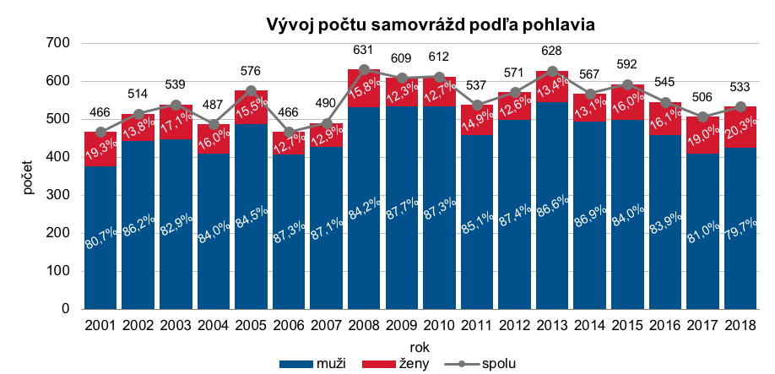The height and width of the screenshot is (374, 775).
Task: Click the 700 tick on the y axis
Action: tap(61, 43)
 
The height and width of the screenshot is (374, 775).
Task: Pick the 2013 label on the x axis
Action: tap(551, 325)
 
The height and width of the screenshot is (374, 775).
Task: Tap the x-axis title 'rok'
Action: tap(420, 347)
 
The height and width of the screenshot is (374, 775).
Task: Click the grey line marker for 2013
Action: tap(551, 71)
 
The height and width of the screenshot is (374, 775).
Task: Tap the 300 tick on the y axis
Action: tap(61, 195)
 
